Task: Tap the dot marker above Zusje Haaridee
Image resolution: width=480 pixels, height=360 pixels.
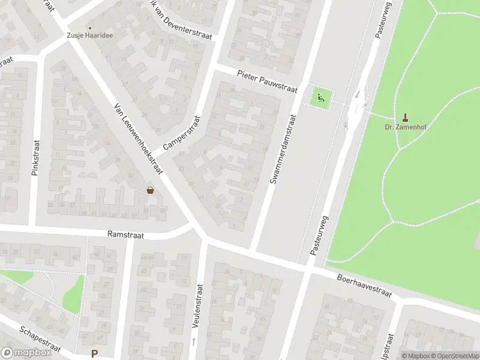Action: tap(91, 28)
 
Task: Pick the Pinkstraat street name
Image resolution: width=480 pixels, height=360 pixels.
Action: tap(35, 158)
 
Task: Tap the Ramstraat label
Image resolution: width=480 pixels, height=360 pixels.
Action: tap(125, 235)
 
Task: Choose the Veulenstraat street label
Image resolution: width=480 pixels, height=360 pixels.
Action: tap(196, 305)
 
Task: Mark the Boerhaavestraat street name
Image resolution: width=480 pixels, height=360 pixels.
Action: tap(364, 287)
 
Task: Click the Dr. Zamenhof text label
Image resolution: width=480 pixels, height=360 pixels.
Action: tap(405, 127)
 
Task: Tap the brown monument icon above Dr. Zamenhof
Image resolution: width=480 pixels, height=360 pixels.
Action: tap(405, 116)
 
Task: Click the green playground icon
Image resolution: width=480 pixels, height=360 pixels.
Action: tap(322, 97)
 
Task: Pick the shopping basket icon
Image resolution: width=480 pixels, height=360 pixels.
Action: tap(150, 190)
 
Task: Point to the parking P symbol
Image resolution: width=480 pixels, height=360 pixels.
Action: tap(94, 353)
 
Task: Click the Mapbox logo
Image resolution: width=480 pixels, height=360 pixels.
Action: tap(26, 352)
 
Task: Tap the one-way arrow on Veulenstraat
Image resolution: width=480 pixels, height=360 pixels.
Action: tap(193, 341)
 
